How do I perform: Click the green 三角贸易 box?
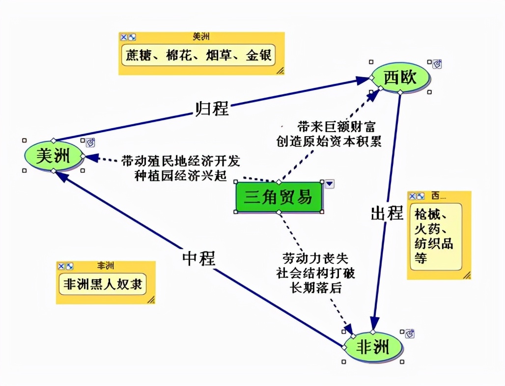[x=279, y=197]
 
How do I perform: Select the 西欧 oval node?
[x=400, y=78]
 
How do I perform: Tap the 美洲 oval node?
[x=54, y=156]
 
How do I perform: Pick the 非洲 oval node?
[x=372, y=348]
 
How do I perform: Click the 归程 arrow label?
[x=212, y=108]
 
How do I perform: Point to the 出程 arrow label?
[x=387, y=213]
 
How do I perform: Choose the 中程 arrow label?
[x=198, y=258]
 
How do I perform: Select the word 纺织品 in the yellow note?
[x=433, y=244]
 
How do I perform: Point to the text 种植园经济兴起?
[x=180, y=175]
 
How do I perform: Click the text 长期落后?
[x=315, y=288]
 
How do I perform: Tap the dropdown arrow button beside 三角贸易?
[x=330, y=184]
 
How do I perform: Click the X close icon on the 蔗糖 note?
[x=124, y=37]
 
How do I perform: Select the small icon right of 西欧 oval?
[x=437, y=64]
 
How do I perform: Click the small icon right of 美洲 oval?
[x=90, y=142]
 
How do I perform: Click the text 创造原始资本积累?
[x=329, y=141]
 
